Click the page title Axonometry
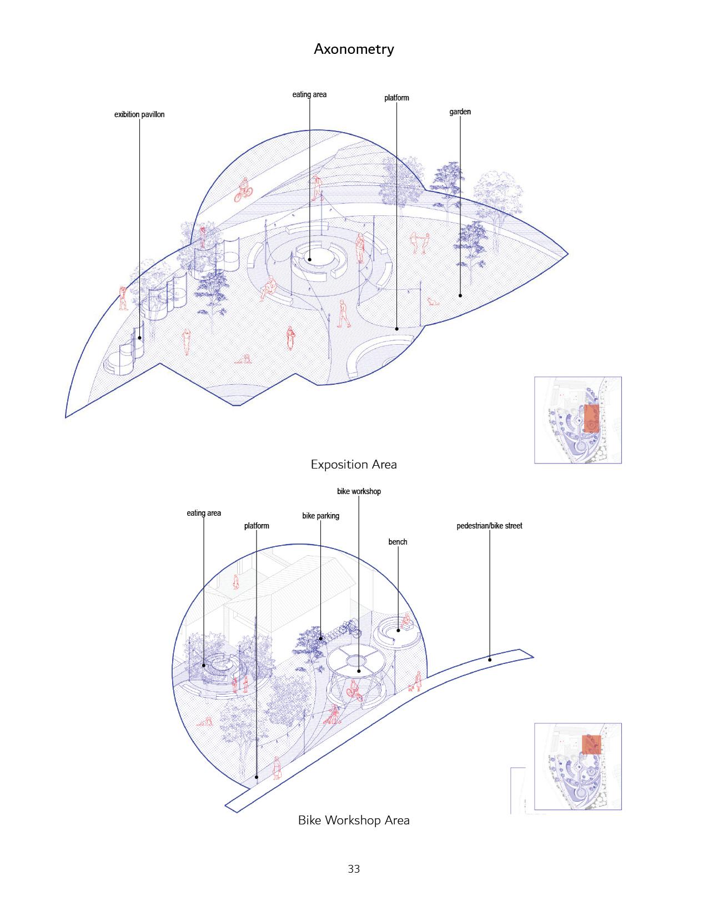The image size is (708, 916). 354,49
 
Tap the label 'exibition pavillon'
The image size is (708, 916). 139,115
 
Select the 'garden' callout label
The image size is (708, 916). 460,112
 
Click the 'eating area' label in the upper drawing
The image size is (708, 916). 309,94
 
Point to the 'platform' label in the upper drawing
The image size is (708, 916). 396,98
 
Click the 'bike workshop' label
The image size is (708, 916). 359,491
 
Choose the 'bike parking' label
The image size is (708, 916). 320,516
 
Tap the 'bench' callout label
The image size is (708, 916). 398,542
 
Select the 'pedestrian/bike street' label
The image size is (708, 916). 489,526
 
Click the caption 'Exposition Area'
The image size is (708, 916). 354,464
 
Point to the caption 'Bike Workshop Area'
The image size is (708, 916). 354,820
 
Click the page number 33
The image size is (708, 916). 354,869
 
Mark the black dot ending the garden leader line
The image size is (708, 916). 460,295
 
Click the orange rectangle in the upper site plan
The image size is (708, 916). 592,418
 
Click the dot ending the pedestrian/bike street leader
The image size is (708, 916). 490,660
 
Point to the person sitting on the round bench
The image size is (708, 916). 405,622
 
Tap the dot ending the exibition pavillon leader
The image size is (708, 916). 140,337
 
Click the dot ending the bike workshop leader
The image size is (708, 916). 359,671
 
